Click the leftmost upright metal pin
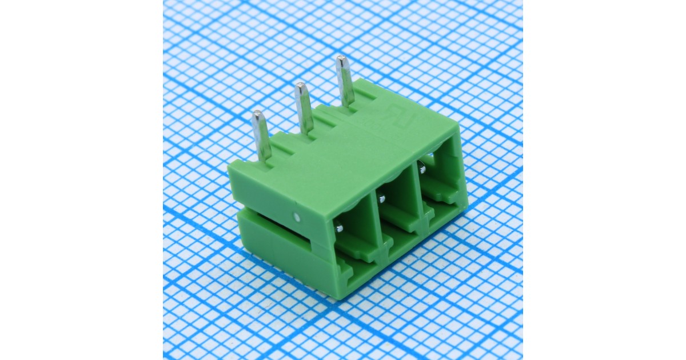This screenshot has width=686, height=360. (261, 136)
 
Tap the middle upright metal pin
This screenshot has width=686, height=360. (303, 108)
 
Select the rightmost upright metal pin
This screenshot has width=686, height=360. (344, 80)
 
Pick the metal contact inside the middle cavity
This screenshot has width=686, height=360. (382, 198)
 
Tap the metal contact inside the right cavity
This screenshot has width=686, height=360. (421, 169)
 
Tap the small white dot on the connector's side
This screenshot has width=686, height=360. (296, 217)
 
